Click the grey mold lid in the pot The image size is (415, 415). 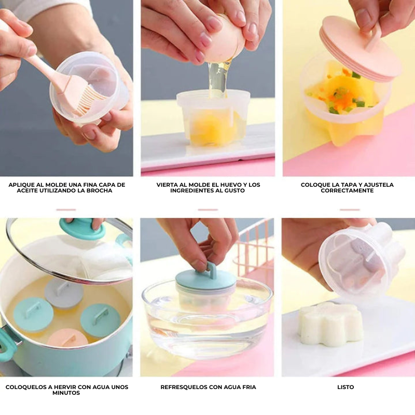(x=64, y=293)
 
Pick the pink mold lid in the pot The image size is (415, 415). (x=67, y=338)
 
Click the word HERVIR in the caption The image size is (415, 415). (x=63, y=387)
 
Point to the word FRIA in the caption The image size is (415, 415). (x=248, y=387)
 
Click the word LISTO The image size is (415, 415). (x=345, y=387)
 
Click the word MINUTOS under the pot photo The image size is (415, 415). (x=66, y=393)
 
